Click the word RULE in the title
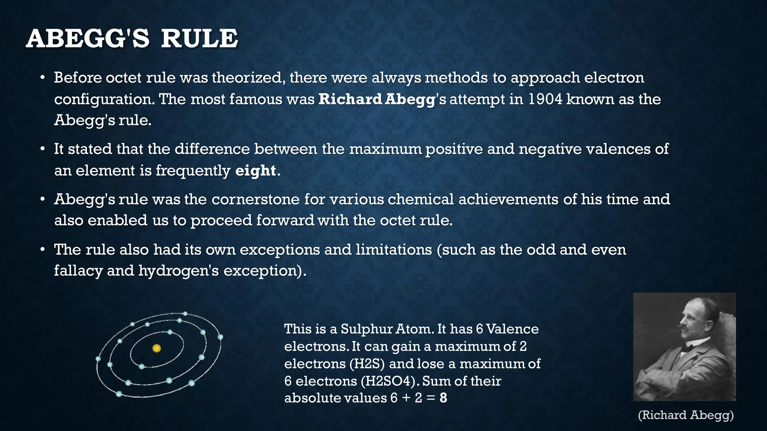tap(199, 39)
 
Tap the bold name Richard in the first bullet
tap(350, 99)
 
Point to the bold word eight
tap(256, 171)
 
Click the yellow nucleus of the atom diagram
tap(157, 348)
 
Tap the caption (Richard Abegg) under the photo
tap(685, 415)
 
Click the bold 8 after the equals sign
tap(443, 398)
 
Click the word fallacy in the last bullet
tap(78, 270)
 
